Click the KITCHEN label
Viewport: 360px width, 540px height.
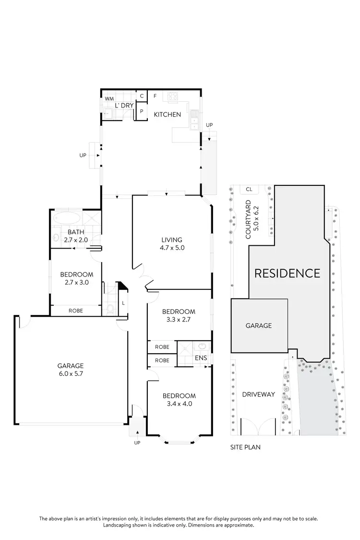(x=167, y=115)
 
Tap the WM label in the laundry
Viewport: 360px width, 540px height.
(x=109, y=99)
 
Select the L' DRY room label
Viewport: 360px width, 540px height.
(x=124, y=106)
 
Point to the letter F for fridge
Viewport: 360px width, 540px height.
(x=155, y=96)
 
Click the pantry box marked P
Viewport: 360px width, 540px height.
(x=142, y=111)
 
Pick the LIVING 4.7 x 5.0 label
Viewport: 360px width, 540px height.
(x=171, y=244)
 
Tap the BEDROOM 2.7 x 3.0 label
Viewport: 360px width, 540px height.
(x=76, y=278)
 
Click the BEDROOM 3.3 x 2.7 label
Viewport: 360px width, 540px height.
(x=179, y=315)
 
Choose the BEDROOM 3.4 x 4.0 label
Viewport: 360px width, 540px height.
(x=179, y=400)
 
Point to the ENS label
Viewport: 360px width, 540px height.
(x=201, y=358)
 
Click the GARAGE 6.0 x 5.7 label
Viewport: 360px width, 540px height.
(x=71, y=369)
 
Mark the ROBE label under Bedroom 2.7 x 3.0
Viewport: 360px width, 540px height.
(x=76, y=311)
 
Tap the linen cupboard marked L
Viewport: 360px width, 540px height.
(x=123, y=303)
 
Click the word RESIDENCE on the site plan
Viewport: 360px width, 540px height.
(x=287, y=274)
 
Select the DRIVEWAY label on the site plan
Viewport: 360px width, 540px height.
(x=258, y=395)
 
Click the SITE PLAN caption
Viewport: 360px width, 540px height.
(x=246, y=447)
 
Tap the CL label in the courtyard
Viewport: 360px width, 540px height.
(x=249, y=189)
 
